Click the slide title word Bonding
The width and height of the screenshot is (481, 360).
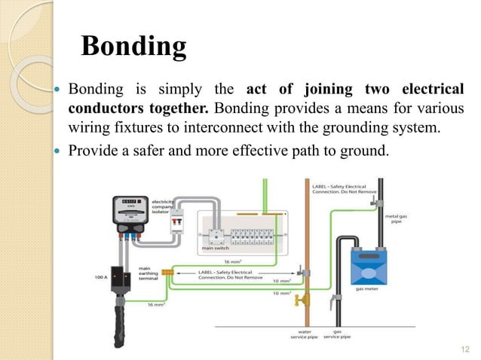(x=133, y=47)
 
